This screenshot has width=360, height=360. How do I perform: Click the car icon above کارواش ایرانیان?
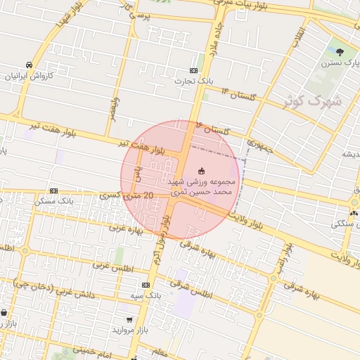tap(28, 63)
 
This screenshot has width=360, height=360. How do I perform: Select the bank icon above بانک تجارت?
tap(193, 71)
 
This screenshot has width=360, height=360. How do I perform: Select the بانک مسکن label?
tap(55, 202)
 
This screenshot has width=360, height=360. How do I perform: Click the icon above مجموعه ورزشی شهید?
tap(202, 170)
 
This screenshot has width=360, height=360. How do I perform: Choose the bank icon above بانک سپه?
tap(146, 285)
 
